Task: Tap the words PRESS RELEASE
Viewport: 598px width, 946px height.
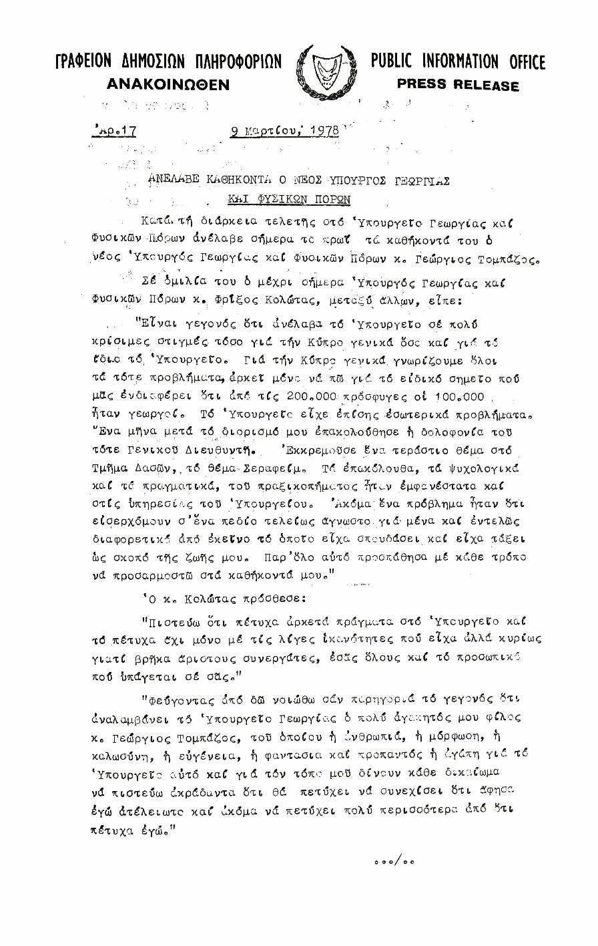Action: [457, 85]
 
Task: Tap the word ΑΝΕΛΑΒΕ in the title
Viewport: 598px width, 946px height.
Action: [175, 180]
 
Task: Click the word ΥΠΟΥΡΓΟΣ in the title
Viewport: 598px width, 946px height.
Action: [336, 180]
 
